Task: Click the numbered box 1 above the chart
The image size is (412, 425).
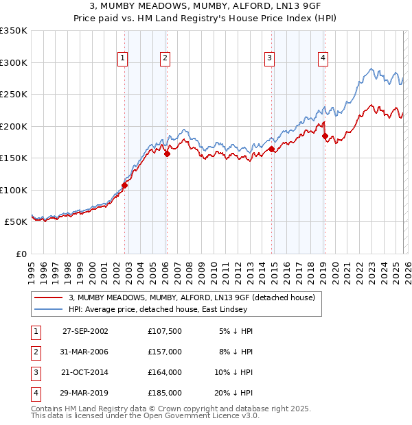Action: pos(122,59)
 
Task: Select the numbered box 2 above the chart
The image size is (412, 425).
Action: pos(165,59)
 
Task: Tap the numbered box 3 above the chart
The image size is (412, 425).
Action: pos(270,59)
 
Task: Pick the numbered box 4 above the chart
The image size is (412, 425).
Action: pos(323,59)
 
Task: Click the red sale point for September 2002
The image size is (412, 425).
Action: pos(125,185)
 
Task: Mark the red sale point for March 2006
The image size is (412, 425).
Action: pos(167,154)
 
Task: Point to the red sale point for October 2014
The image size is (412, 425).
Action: pos(272,149)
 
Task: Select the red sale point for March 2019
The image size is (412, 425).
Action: pos(325,136)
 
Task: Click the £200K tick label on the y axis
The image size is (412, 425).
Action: pos(14,126)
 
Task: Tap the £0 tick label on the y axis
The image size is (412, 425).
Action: pos(21,254)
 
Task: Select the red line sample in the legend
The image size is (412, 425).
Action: pos(49,297)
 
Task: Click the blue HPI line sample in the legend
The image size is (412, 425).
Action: pos(49,309)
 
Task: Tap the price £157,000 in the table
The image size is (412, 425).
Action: pos(165,351)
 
